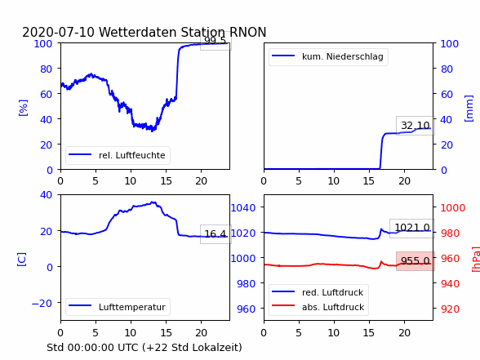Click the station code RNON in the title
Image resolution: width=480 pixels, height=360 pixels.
(247, 32)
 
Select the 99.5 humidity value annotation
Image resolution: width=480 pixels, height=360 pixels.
(216, 41)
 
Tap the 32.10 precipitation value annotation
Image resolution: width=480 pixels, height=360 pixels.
(416, 126)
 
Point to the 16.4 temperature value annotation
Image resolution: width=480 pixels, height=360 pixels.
(216, 234)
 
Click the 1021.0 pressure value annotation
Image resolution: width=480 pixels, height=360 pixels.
(412, 228)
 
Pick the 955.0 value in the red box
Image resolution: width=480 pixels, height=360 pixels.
(416, 261)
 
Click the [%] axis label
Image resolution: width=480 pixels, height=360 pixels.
(23, 108)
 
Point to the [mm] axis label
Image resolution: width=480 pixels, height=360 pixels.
(469, 109)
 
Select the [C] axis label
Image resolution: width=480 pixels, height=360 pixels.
(21, 260)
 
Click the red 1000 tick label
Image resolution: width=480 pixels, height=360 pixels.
(453, 208)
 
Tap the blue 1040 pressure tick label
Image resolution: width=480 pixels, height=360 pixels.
(243, 208)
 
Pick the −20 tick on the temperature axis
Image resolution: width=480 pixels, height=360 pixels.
(42, 304)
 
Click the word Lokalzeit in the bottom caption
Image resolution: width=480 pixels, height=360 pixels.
(219, 348)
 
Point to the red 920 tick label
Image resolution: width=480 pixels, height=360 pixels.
(450, 309)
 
